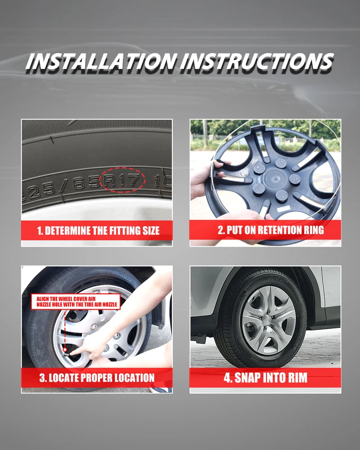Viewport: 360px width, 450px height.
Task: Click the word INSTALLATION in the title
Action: [x=101, y=61]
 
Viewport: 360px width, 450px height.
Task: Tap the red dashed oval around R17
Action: [x=122, y=180]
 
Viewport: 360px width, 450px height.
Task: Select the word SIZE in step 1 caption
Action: [x=151, y=230]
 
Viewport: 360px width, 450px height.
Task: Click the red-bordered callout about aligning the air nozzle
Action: [x=76, y=301]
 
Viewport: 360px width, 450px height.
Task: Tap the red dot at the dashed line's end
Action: [x=65, y=350]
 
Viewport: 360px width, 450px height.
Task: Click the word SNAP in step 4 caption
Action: [x=246, y=378]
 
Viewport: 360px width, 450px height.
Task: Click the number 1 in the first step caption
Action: [x=40, y=231]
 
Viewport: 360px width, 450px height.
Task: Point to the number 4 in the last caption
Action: [x=227, y=378]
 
